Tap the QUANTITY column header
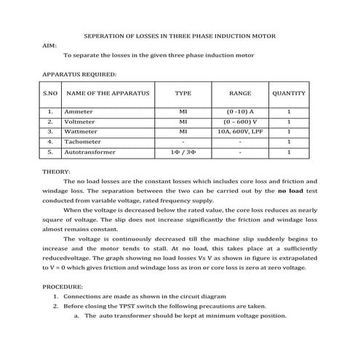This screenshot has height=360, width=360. coord(289,94)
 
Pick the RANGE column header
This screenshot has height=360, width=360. coord(240,94)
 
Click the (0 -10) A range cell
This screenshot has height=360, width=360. coord(240,112)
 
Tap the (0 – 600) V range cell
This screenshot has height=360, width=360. coord(240,122)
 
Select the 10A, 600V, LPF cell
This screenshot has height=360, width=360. coord(240,132)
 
